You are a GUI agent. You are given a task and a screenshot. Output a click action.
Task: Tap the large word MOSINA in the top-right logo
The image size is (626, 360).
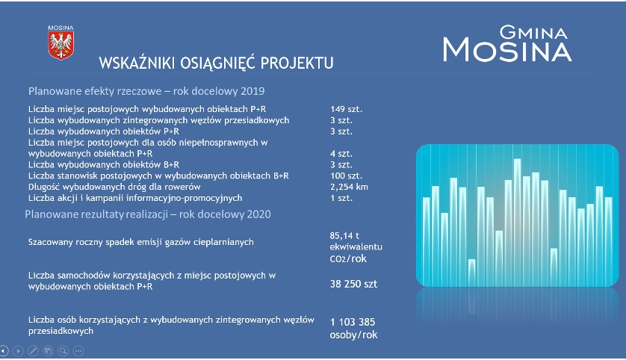click(507, 50)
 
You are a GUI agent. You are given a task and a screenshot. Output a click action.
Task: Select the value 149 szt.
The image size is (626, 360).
click(346, 109)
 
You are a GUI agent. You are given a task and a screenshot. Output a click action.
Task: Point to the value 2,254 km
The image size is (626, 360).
click(349, 187)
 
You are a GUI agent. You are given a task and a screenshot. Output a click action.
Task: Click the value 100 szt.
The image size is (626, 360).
click(346, 176)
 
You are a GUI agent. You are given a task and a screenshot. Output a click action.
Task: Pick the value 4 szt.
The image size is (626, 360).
click(341, 154)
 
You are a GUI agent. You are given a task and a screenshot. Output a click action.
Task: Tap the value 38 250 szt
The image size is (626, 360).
click(353, 284)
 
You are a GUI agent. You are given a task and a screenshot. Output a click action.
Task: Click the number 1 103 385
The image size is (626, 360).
click(353, 322)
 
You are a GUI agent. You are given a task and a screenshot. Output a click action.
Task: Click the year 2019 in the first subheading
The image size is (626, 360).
click(252, 91)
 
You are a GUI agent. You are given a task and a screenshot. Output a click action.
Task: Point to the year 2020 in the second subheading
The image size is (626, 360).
click(258, 214)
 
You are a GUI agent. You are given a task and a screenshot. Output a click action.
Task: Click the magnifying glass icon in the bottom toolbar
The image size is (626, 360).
click(63, 351)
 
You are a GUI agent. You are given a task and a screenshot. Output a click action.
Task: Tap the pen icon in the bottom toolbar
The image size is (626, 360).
click(33, 351)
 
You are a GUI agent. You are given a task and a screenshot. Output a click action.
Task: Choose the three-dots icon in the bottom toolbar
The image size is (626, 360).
click(78, 351)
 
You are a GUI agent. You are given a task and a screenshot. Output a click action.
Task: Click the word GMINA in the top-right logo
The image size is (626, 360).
click(533, 32)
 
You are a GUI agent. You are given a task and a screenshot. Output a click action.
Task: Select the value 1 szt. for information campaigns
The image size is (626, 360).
click(341, 198)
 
